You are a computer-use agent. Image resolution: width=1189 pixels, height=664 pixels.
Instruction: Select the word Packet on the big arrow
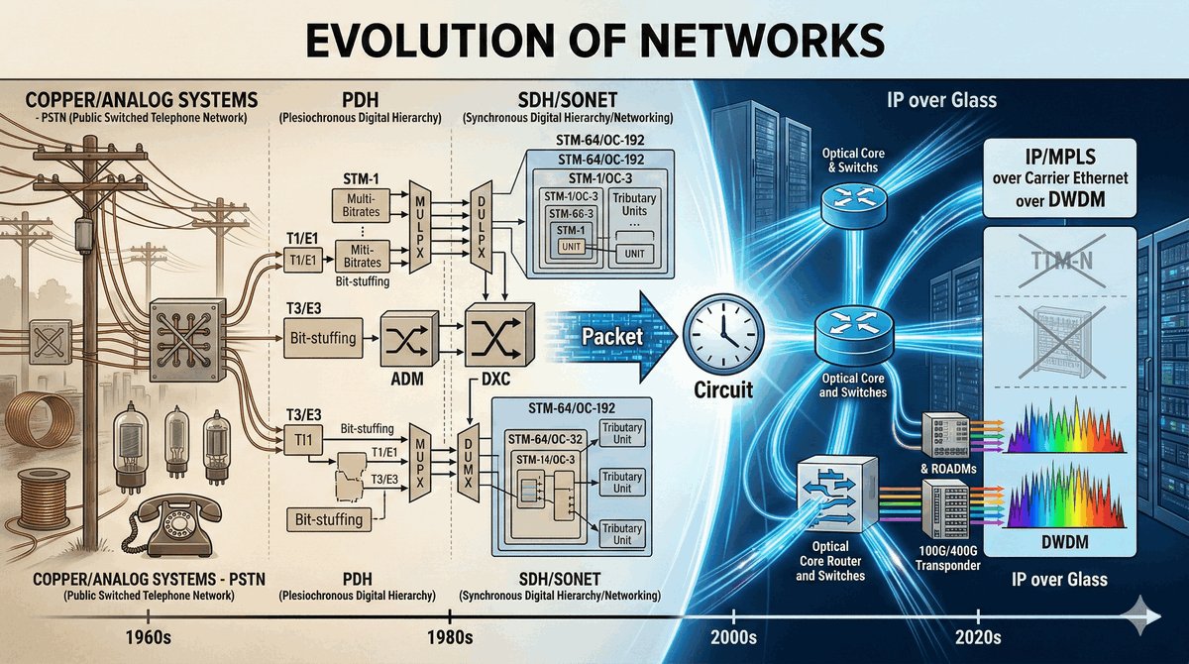(x=612, y=337)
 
